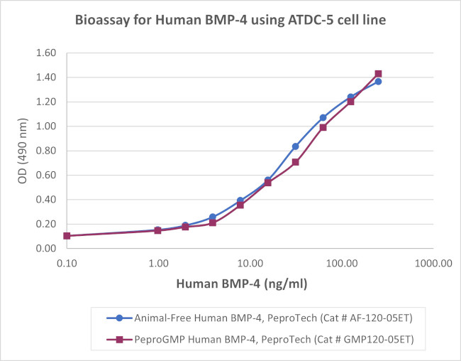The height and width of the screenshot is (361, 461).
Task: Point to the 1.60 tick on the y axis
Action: pyautogui.click(x=45, y=53)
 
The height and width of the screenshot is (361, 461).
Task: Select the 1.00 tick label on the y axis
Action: pyautogui.click(x=45, y=126)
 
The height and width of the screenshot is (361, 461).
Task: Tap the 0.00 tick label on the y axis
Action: pyautogui.click(x=45, y=248)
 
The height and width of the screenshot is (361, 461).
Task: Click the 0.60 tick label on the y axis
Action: pyautogui.click(x=45, y=175)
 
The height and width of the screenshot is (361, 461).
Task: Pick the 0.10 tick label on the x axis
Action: pyautogui.click(x=67, y=263)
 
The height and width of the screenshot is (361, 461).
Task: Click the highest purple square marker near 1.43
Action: pyautogui.click(x=378, y=74)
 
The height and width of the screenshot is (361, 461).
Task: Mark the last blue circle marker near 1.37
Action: pyautogui.click(x=378, y=82)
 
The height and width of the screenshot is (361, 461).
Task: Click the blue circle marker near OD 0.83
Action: pyautogui.click(x=295, y=146)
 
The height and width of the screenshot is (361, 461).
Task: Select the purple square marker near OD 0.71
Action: pyautogui.click(x=295, y=162)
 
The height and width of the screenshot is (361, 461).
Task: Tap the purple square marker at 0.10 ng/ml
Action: pyautogui.click(x=67, y=236)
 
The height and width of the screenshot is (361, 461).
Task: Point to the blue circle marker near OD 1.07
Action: pyautogui.click(x=323, y=117)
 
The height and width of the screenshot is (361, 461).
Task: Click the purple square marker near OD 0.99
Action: pyautogui.click(x=323, y=127)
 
